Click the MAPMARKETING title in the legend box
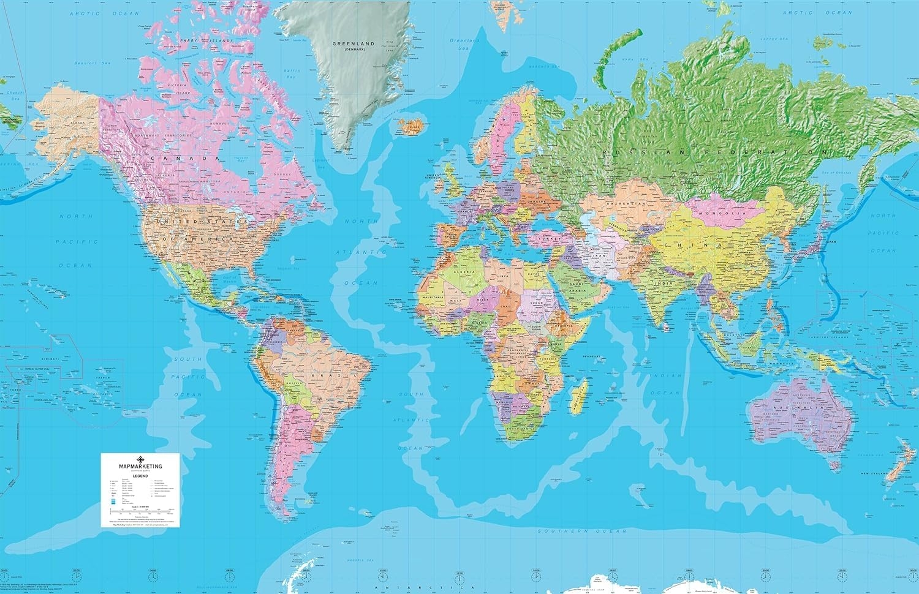[x=140, y=467]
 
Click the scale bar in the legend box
[x=140, y=509]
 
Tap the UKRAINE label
[x=534, y=201]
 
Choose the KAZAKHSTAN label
[x=626, y=203]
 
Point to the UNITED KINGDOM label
[x=432, y=176]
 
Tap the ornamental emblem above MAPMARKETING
[x=140, y=459]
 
